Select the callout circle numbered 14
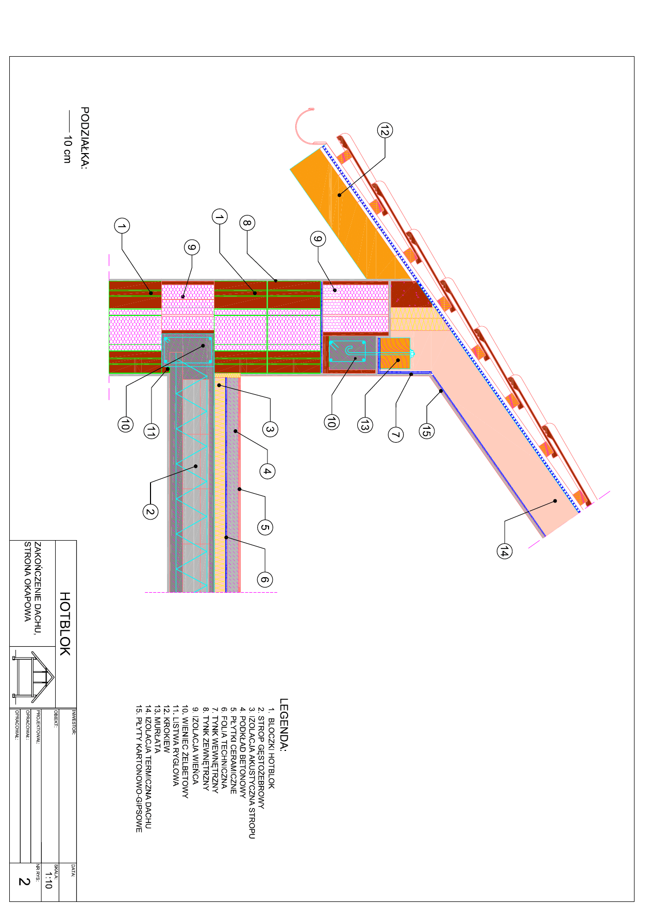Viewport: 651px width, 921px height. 504,551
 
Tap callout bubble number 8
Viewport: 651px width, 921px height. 247,223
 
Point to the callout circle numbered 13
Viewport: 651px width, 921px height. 365,425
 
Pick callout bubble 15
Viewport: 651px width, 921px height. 426,430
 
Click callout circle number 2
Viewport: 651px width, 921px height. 150,511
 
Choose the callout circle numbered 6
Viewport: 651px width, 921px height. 264,579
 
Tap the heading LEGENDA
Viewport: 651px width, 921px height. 284,725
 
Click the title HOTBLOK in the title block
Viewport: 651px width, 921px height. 65,624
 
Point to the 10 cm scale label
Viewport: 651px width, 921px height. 67,149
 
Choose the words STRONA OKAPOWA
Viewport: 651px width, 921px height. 28,581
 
